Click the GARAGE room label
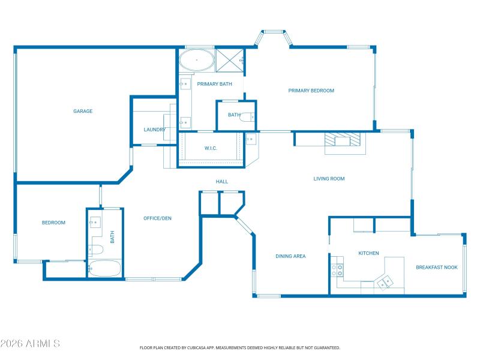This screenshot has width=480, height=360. coord(83,111)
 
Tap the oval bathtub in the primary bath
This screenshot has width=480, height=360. coord(196,61)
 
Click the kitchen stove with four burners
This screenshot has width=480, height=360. coord(340,270)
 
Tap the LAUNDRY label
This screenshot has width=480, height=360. coord(154,130)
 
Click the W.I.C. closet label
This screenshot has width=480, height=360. coord(211,148)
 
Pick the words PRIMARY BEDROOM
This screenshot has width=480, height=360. coord(311,91)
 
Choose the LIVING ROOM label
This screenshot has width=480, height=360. coord(329,178)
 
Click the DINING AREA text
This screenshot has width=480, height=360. coord(290,256)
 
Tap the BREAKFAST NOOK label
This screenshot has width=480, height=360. coord(437,267)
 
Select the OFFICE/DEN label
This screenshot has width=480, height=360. coord(157,218)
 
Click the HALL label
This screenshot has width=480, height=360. coord(222,181)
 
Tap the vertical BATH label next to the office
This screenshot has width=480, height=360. coord(112,237)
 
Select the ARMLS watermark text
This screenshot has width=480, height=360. coord(30,344)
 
